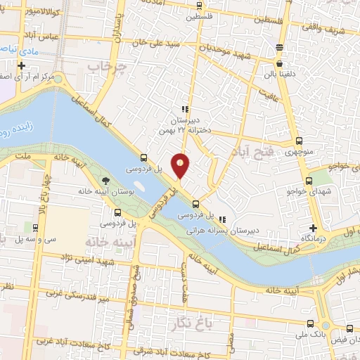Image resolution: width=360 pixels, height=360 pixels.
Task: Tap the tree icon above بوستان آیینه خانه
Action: point(106,179)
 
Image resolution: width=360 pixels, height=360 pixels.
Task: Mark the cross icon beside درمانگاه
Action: point(314,228)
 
